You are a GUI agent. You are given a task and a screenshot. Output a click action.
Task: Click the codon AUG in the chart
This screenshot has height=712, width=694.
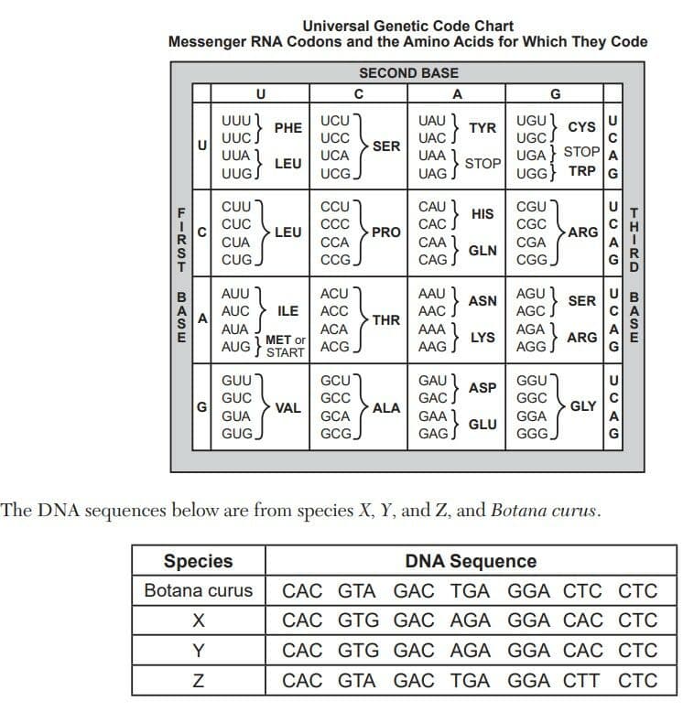click(235, 347)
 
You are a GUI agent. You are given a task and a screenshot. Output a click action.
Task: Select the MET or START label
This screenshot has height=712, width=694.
click(286, 346)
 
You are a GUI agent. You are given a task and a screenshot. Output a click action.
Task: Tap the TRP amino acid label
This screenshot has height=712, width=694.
click(581, 171)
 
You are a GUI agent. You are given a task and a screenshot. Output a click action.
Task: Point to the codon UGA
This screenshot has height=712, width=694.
click(530, 156)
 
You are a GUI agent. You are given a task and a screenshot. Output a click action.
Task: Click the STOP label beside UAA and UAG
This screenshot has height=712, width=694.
click(483, 164)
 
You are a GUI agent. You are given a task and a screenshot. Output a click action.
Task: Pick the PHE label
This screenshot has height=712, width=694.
click(288, 128)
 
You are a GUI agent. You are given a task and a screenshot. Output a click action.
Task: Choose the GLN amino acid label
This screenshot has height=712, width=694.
click(483, 251)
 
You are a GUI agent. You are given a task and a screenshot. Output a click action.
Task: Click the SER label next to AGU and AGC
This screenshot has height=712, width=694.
click(581, 301)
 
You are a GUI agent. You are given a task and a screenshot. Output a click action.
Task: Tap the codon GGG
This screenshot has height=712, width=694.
click(532, 434)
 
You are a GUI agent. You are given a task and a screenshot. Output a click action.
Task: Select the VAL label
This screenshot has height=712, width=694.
click(288, 408)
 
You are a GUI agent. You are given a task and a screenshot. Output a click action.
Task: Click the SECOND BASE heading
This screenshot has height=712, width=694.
click(408, 73)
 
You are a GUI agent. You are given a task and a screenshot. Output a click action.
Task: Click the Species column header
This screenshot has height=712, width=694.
click(198, 561)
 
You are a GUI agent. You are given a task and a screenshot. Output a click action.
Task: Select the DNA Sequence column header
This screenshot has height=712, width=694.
click(471, 561)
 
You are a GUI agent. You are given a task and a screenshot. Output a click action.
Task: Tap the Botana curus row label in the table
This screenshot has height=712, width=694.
click(198, 591)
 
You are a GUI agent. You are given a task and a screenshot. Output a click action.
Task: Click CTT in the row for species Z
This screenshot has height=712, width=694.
click(581, 681)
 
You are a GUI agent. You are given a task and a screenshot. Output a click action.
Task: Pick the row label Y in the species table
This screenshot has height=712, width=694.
click(198, 651)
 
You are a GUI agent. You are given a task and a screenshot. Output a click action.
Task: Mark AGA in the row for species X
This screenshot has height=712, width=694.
click(470, 620)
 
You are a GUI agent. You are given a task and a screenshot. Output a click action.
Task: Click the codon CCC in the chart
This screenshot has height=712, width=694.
click(335, 224)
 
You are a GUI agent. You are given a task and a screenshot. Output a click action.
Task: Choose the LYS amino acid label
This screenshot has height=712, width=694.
click(483, 338)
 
